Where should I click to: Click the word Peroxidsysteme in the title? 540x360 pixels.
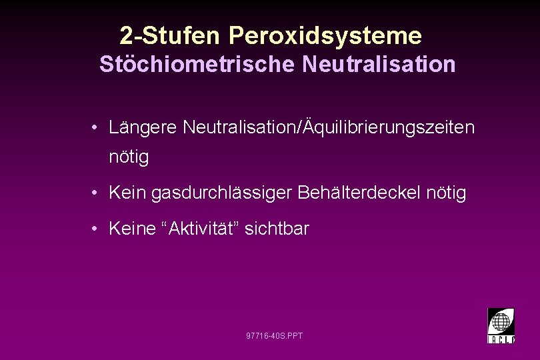(x=325, y=35)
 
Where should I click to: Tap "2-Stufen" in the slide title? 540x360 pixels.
(x=171, y=35)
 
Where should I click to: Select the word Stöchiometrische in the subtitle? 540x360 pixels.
(x=198, y=65)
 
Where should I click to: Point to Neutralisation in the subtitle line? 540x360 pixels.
(x=379, y=65)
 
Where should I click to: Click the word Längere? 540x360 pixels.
(x=143, y=127)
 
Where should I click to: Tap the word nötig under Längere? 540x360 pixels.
(x=129, y=158)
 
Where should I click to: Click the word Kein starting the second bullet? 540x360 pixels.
(x=128, y=193)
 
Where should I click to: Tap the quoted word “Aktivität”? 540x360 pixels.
(x=202, y=229)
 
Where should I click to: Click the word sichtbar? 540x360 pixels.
(x=277, y=229)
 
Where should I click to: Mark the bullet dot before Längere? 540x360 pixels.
(x=97, y=127)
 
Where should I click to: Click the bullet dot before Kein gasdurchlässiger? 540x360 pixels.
(x=97, y=194)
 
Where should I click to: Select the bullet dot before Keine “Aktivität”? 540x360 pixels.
(x=97, y=229)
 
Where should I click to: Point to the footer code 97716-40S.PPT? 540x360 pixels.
(x=274, y=335)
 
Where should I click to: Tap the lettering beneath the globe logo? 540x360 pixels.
(x=501, y=339)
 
